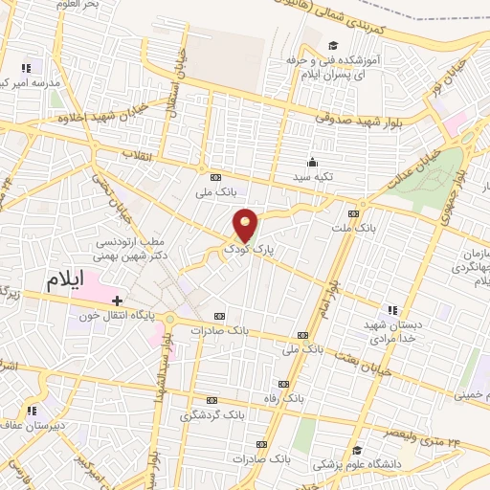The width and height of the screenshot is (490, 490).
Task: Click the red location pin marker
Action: pyautogui.click(x=247, y=226)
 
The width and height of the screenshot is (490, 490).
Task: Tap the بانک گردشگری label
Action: pyautogui.click(x=212, y=416)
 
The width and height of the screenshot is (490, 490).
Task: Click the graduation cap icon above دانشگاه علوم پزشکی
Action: pyautogui.click(x=357, y=450)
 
